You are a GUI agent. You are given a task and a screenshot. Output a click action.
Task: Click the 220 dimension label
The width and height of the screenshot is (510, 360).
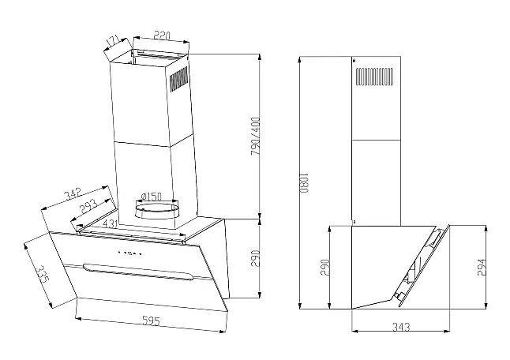tap(162, 35)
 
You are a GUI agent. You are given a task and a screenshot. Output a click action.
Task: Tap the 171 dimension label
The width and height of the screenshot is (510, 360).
tap(113, 40)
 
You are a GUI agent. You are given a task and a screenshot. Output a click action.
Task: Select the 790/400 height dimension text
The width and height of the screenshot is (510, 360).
tap(256, 136)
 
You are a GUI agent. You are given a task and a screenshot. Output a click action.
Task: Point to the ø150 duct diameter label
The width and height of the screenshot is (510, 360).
tap(152, 197)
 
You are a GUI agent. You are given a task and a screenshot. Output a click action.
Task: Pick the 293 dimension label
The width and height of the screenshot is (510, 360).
tap(88, 205)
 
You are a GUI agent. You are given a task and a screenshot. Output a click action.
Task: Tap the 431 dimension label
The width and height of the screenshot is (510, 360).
tap(110, 223)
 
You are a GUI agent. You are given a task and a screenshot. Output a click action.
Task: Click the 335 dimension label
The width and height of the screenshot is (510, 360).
tap(43, 274)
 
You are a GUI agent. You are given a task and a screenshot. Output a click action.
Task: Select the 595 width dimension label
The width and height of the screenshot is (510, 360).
tap(152, 321)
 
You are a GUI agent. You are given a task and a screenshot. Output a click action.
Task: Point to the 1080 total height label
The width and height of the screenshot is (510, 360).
tap(303, 183)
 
